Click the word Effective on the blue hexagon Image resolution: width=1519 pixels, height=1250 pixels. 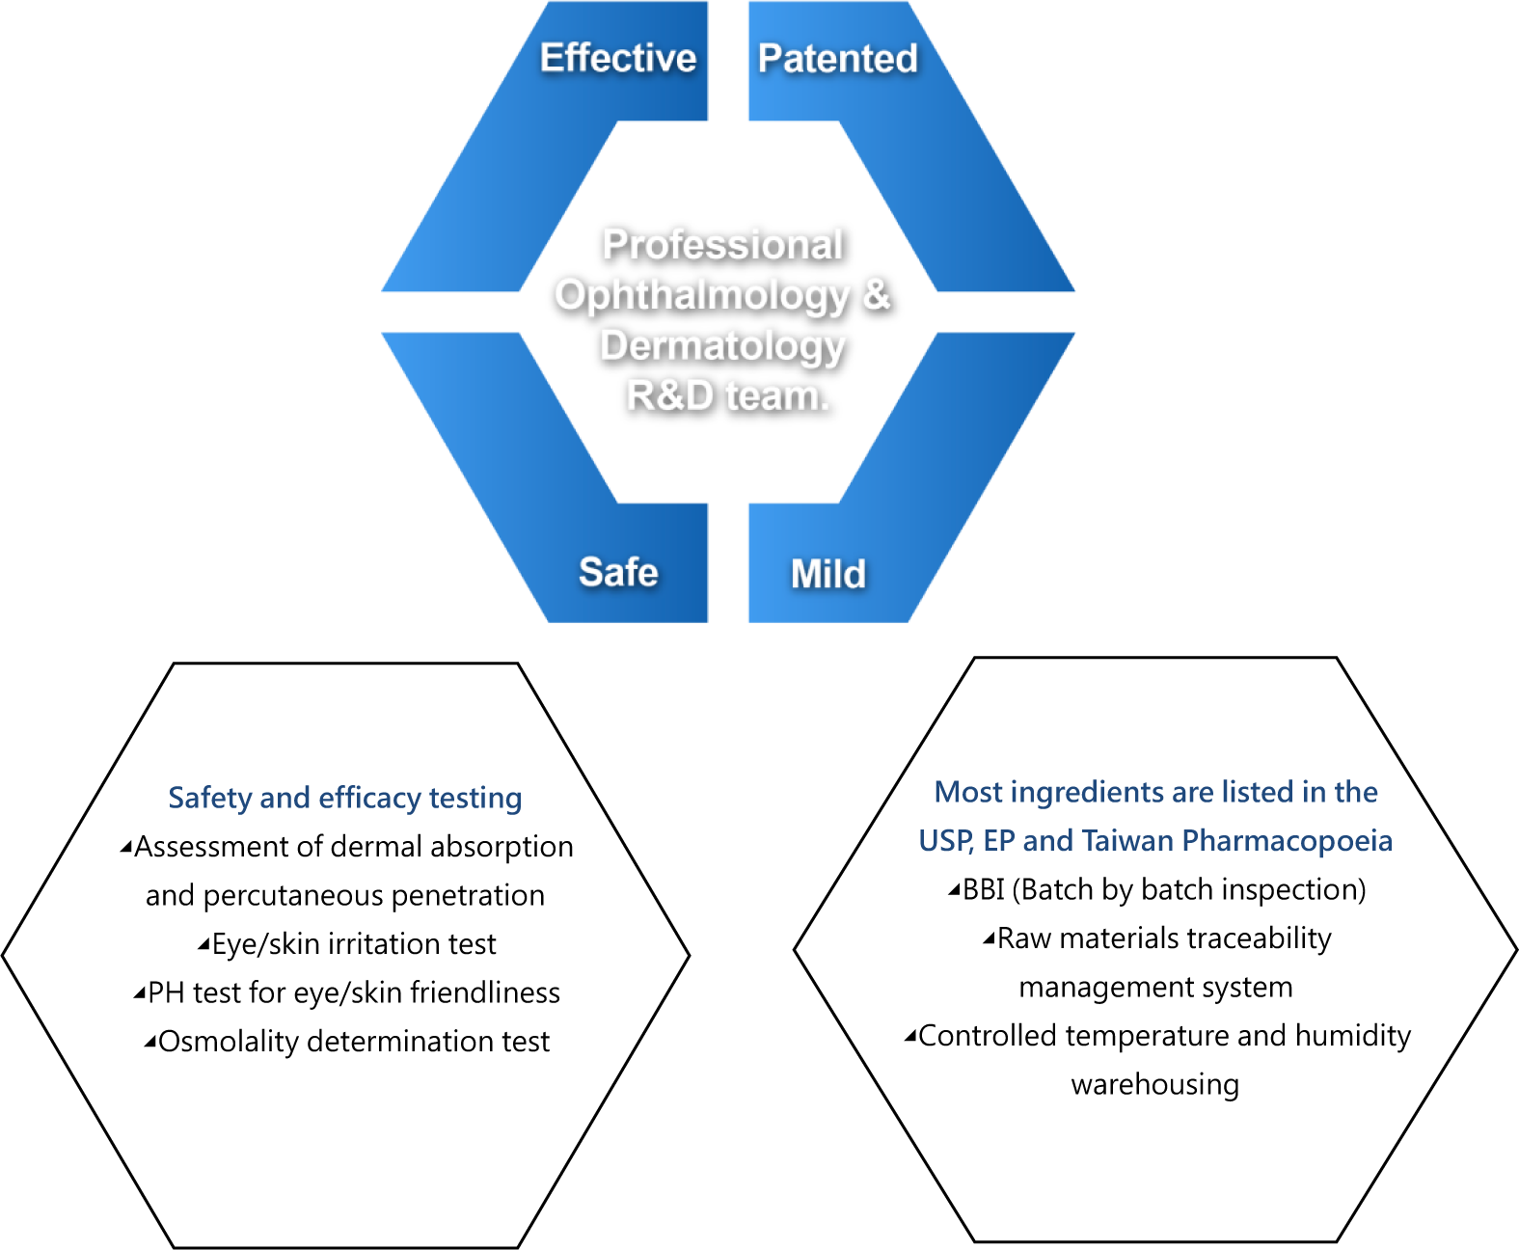point(617,58)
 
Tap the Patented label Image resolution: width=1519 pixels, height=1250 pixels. point(837,59)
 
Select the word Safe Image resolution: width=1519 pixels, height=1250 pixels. point(618,572)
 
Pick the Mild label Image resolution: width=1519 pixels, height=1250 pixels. point(827,574)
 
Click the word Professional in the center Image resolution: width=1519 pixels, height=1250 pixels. point(722,244)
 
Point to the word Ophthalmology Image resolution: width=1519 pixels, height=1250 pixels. point(702,295)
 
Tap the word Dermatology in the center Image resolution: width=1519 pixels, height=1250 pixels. point(722,345)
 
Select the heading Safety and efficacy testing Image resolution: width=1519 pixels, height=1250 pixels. point(345,798)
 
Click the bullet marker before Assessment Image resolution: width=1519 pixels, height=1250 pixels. point(125,848)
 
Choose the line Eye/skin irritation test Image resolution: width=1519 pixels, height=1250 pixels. point(347,944)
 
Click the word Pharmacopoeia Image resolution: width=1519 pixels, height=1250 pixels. point(1287,841)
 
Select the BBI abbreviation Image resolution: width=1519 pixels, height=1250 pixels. point(984,889)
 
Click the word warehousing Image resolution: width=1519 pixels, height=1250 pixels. point(1154,1085)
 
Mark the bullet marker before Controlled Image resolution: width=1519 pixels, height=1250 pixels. point(909,1037)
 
